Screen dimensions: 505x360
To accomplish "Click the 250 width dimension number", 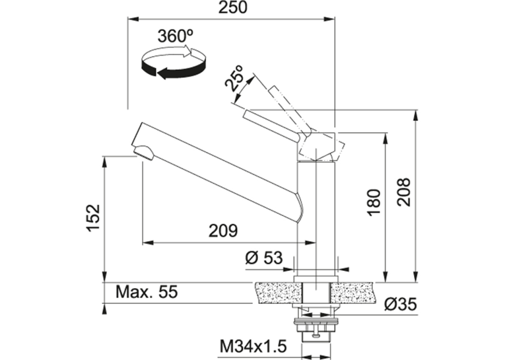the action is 233,7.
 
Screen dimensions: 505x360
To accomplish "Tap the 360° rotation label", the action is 175,36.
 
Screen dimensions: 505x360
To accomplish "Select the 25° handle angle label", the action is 234,78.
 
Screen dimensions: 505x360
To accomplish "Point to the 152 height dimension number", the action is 93,217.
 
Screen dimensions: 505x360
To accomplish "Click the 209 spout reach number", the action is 223,231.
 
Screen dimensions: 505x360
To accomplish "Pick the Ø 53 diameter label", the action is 264,258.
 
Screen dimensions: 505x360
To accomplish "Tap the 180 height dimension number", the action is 374,202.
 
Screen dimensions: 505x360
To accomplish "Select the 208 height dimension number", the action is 403,192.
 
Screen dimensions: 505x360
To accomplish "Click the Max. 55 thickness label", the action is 147,292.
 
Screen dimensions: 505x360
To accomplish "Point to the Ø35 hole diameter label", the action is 400,304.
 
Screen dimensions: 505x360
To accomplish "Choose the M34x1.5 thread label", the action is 253,347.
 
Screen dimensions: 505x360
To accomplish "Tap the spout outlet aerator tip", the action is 144,152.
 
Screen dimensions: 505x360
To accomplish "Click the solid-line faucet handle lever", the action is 273,126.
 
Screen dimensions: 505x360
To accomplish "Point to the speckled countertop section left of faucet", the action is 278,293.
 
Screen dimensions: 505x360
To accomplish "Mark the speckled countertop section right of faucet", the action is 353,293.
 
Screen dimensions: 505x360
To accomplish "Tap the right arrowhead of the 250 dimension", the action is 330,19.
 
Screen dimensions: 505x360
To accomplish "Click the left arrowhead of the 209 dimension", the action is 147,242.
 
